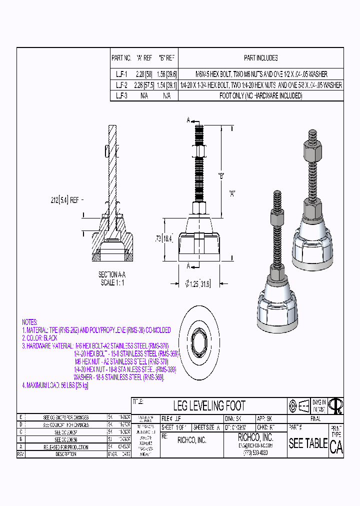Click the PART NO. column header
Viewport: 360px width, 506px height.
click(121, 58)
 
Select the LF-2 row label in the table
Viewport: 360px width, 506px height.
click(121, 85)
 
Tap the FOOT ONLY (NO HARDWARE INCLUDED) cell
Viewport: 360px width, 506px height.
click(261, 95)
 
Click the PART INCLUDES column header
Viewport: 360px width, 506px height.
click(261, 58)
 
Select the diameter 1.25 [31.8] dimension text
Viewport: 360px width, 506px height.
click(198, 283)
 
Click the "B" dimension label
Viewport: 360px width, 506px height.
click(220, 176)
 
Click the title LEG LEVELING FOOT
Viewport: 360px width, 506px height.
click(209, 405)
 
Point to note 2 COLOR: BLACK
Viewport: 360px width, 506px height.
click(39, 338)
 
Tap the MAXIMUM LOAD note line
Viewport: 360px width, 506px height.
click(55, 385)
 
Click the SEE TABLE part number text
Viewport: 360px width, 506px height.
click(308, 443)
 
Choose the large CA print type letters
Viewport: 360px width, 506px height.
click(336, 447)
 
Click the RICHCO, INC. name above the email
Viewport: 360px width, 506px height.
click(255, 437)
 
